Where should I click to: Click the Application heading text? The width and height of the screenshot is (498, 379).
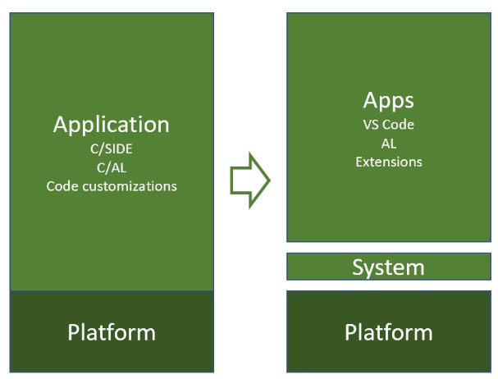(x=112, y=126)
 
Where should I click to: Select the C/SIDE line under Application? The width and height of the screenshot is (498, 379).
(x=112, y=150)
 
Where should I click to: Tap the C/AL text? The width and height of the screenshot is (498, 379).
(x=112, y=168)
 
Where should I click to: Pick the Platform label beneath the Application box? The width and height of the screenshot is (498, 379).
(x=112, y=332)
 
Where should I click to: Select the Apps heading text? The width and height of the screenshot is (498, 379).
(x=388, y=102)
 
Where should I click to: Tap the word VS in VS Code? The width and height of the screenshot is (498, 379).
(x=370, y=126)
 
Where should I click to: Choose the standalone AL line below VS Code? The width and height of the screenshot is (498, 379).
(x=388, y=144)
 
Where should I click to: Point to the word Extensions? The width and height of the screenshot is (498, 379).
(x=388, y=162)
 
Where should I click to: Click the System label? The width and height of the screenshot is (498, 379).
(x=388, y=267)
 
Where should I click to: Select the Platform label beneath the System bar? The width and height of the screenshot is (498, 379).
(x=388, y=332)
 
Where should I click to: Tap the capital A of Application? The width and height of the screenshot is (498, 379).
(x=62, y=126)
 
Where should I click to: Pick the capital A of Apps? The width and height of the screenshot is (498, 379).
(x=370, y=102)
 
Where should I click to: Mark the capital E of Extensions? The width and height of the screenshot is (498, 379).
(x=359, y=162)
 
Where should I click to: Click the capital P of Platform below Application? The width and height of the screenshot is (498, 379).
(x=73, y=332)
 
